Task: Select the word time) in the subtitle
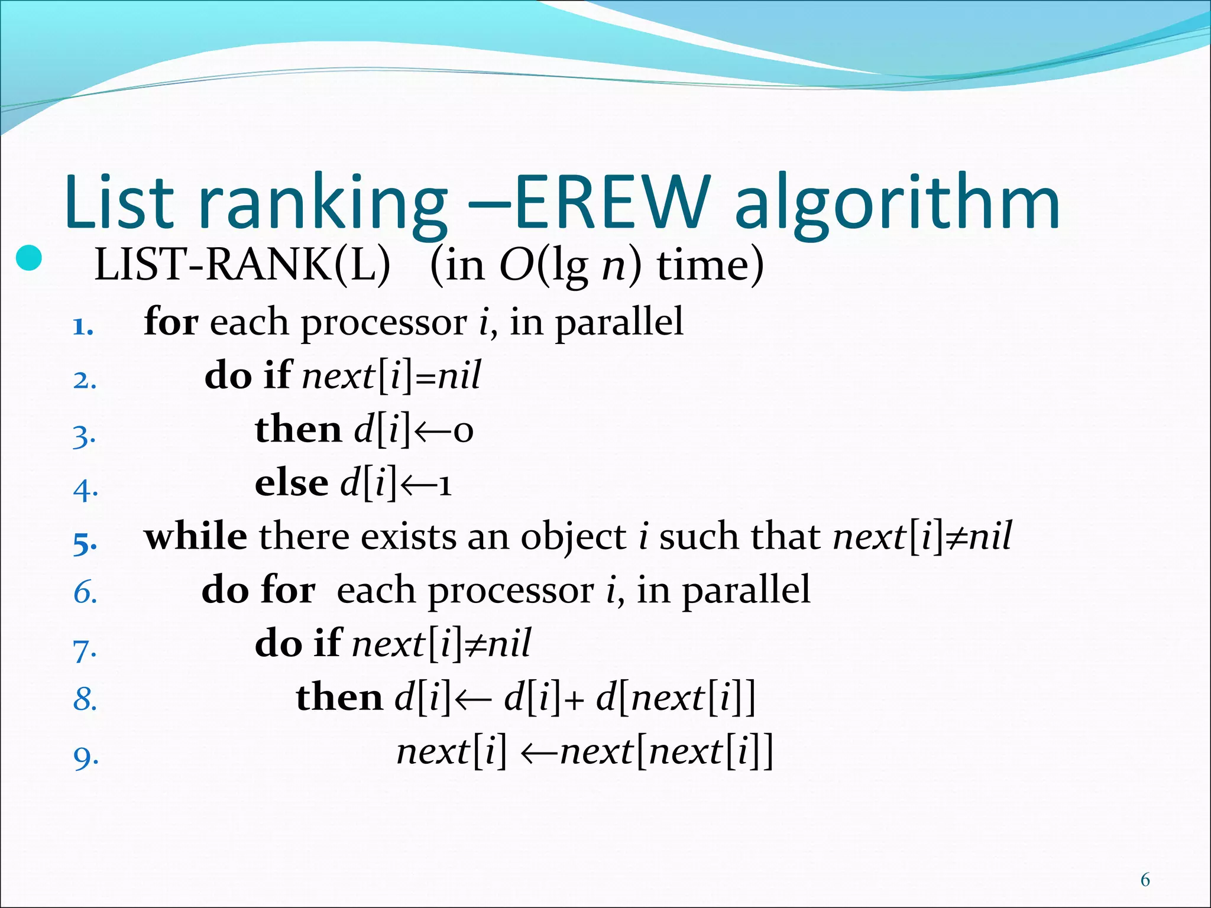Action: point(710,265)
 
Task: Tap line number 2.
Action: point(85,380)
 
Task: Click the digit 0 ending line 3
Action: point(464,431)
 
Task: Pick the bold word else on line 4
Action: point(291,484)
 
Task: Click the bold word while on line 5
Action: point(196,537)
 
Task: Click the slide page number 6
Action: point(1145,880)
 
